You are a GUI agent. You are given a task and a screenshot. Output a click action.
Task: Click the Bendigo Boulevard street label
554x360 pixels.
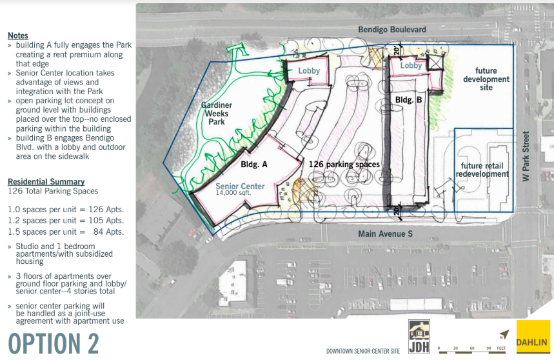point(392,30)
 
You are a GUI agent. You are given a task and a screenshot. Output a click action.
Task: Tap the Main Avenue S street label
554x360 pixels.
point(385,234)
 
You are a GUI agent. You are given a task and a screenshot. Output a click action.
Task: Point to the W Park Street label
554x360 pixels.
point(526,156)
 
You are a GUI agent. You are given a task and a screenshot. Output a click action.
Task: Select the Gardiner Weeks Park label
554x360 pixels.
point(217,114)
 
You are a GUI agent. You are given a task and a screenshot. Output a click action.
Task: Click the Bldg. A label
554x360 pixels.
point(254,165)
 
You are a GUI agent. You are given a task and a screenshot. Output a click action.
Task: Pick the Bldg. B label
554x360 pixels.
point(408,100)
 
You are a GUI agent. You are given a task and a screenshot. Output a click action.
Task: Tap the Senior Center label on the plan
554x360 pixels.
point(240,186)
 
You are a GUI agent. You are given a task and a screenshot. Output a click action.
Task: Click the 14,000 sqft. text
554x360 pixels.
point(233,193)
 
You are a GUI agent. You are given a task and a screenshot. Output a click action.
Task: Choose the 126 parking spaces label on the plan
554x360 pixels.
point(344,165)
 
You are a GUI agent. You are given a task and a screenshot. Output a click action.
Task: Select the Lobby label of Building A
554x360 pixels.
point(309,71)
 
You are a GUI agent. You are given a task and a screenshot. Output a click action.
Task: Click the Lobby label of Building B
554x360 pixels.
point(411,65)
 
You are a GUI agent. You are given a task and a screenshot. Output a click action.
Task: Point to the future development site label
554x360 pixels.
point(486,79)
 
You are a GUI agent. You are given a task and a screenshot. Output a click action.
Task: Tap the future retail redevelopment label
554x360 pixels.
point(482,170)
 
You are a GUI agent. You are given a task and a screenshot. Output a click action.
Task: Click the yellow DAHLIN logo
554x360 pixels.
point(533,337)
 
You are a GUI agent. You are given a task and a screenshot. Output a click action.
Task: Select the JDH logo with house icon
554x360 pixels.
point(419,337)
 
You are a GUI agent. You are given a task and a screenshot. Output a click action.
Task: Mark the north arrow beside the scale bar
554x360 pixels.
point(504,334)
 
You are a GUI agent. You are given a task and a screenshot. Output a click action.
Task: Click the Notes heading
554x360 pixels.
point(18,35)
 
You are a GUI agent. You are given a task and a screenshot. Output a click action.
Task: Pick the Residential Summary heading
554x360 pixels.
point(46,181)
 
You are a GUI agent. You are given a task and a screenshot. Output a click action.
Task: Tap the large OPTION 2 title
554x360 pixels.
point(54,343)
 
